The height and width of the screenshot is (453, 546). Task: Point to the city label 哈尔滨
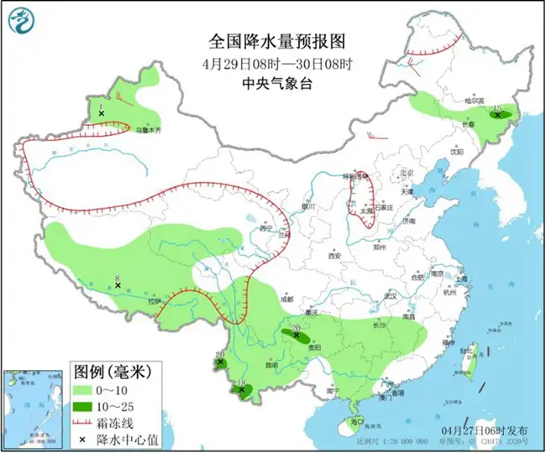[x=476, y=101]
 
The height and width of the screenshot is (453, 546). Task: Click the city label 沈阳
[x=455, y=152]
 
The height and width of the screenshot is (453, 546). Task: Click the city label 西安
[x=336, y=255]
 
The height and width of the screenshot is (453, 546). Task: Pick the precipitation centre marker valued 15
[x=498, y=116]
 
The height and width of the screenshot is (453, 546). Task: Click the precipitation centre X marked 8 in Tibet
[x=118, y=286]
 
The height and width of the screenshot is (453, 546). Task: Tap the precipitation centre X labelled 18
[x=242, y=391]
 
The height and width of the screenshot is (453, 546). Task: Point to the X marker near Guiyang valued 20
[x=296, y=335]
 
